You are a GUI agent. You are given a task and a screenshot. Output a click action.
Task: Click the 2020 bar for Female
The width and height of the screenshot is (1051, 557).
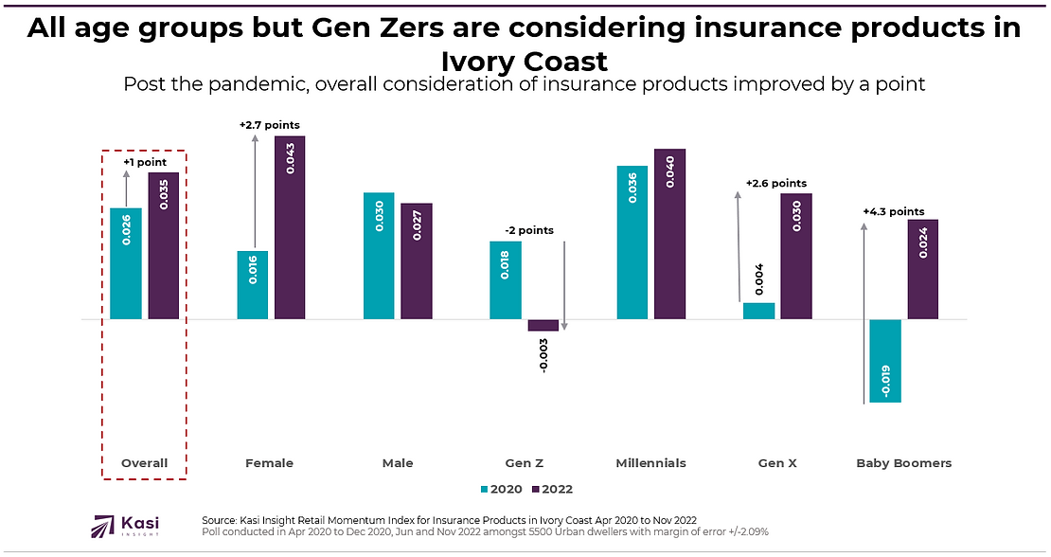pyautogui.click(x=253, y=285)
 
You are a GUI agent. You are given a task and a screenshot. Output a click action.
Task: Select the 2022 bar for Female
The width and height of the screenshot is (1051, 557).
pyautogui.click(x=291, y=227)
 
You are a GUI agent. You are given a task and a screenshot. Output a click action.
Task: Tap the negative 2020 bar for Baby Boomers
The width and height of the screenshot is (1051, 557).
pyautogui.click(x=885, y=361)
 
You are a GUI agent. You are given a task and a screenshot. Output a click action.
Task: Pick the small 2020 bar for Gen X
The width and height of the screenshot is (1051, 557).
pyautogui.click(x=758, y=311)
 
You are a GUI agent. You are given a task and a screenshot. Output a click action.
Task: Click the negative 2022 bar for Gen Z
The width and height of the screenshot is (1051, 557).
pyautogui.click(x=543, y=325)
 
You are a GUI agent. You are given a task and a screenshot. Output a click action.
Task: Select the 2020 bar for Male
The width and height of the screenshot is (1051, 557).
pyautogui.click(x=379, y=256)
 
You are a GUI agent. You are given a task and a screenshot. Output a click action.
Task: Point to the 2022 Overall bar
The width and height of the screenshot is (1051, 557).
pyautogui.click(x=164, y=245)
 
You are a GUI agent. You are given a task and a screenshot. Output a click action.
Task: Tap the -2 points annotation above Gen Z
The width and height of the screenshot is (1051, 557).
pyautogui.click(x=528, y=230)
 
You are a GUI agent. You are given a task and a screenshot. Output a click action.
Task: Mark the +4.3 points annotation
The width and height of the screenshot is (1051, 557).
pyautogui.click(x=893, y=211)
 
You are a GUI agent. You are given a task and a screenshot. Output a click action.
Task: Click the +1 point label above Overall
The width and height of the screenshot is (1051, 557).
pyautogui.click(x=145, y=162)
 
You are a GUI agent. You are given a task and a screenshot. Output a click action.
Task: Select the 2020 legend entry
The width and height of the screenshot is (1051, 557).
pyautogui.click(x=501, y=490)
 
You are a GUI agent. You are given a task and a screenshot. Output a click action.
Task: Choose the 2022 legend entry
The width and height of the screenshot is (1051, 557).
pyautogui.click(x=553, y=490)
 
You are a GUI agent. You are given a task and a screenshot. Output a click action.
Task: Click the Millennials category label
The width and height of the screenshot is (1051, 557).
pyautogui.click(x=650, y=463)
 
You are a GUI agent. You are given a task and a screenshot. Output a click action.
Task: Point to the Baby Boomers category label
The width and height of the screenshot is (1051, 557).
pyautogui.click(x=903, y=463)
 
